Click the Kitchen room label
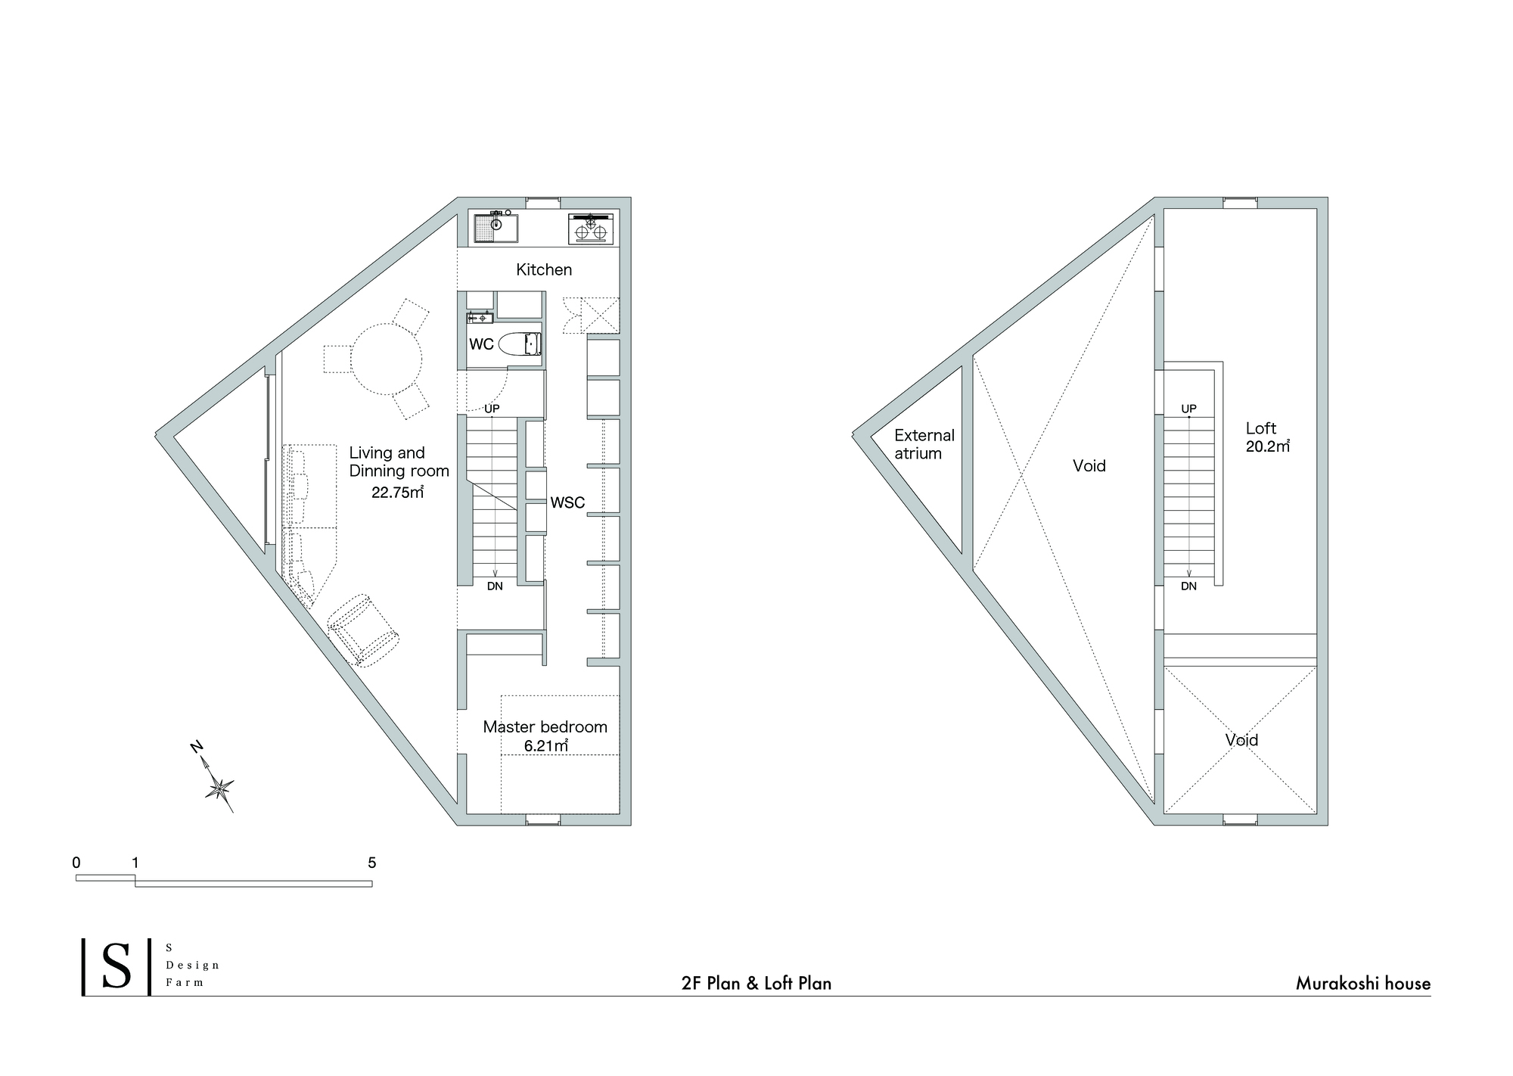pyautogui.click(x=544, y=269)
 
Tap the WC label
pyautogui.click(x=481, y=344)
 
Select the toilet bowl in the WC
pyautogui.click(x=520, y=344)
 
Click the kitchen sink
pyautogui.click(x=496, y=228)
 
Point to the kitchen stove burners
pyautogui.click(x=590, y=229)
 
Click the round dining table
pyautogui.click(x=387, y=359)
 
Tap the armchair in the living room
pyautogui.click(x=362, y=630)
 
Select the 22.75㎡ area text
pyautogui.click(x=397, y=493)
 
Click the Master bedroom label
pyautogui.click(x=545, y=727)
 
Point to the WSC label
pyautogui.click(x=567, y=502)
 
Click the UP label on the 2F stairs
pyautogui.click(x=492, y=409)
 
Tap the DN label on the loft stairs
pyautogui.click(x=1188, y=586)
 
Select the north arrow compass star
pyautogui.click(x=219, y=788)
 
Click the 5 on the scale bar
pyautogui.click(x=371, y=863)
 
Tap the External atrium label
pyautogui.click(x=924, y=444)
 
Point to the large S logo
pyautogui.click(x=117, y=967)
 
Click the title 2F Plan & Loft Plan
pyautogui.click(x=756, y=984)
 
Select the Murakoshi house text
pyautogui.click(x=1362, y=984)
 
